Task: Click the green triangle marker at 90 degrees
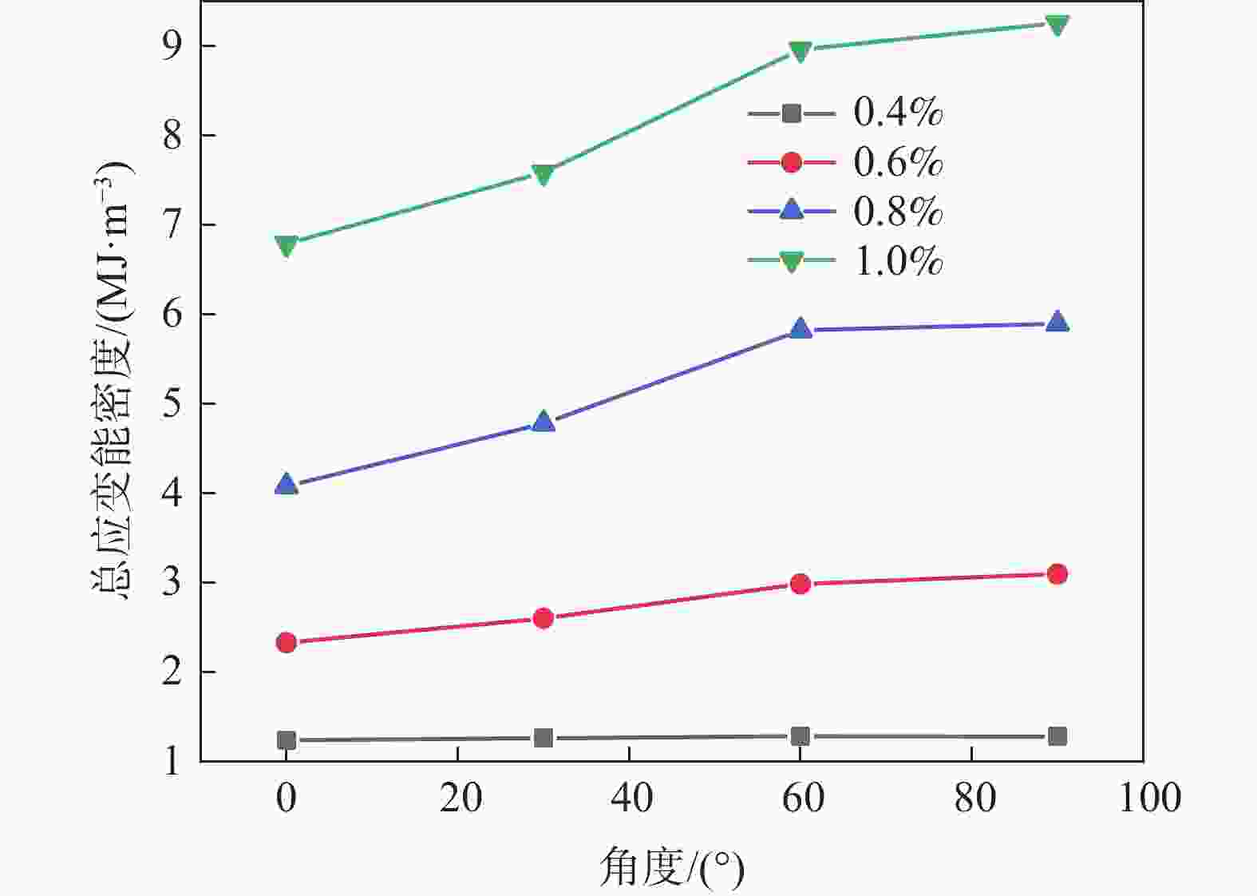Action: coord(1057,25)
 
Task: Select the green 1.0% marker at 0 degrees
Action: coord(287,245)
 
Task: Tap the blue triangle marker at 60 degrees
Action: coord(800,328)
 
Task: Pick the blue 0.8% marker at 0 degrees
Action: coord(287,484)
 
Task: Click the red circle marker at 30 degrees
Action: coord(543,618)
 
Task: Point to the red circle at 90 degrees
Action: coord(1057,574)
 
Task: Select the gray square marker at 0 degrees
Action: coord(287,740)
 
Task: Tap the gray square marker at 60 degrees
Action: coord(800,736)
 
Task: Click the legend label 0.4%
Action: coord(898,113)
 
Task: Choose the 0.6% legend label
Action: coord(898,163)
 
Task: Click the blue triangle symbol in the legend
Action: coord(791,211)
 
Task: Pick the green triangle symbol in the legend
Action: coord(791,261)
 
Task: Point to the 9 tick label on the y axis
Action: coord(172,46)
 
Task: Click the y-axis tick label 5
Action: coord(172,404)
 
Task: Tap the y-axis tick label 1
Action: coord(172,762)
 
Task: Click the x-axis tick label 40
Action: coord(630,798)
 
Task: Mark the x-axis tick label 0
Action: coord(287,798)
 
